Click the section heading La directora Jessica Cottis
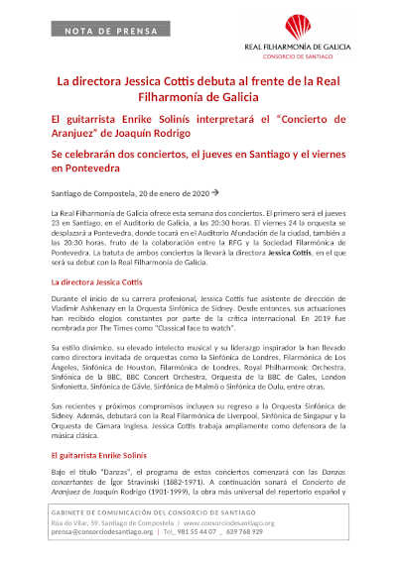[92, 282]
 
